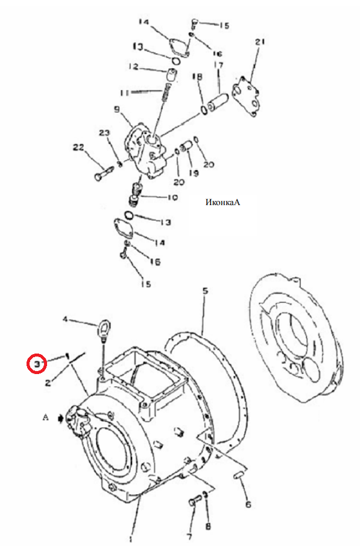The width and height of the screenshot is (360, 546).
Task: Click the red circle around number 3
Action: pyautogui.click(x=37, y=364)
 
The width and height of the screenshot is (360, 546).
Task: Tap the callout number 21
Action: pyautogui.click(x=260, y=42)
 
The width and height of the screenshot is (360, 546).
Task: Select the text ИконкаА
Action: pyautogui.click(x=223, y=202)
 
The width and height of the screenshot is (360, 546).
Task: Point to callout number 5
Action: pyautogui.click(x=206, y=290)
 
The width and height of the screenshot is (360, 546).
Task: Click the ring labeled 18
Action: pyautogui.click(x=204, y=110)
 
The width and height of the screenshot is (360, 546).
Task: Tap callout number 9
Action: pyautogui.click(x=118, y=110)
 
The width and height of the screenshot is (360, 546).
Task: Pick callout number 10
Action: pyautogui.click(x=172, y=197)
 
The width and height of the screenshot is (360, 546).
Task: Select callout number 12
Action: pyautogui.click(x=133, y=66)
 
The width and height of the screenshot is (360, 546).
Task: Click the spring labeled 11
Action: pyautogui.click(x=166, y=93)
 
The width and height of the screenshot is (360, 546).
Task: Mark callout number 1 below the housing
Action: pyautogui.click(x=131, y=539)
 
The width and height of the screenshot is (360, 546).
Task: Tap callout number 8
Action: pyautogui.click(x=208, y=526)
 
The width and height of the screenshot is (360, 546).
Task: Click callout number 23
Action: pyautogui.click(x=104, y=133)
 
